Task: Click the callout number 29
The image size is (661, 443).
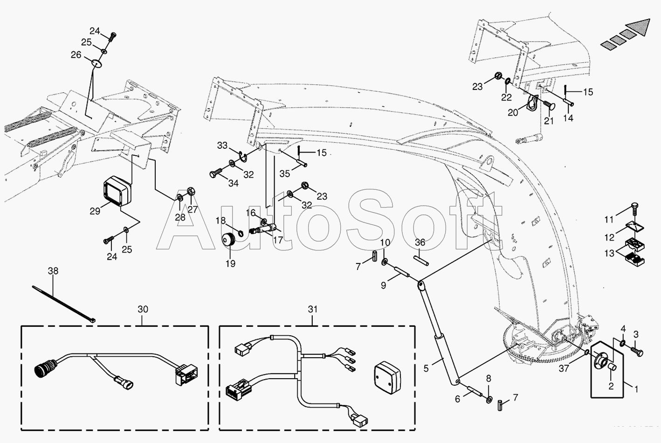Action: click(x=95, y=211)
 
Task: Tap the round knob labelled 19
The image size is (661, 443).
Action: click(x=229, y=241)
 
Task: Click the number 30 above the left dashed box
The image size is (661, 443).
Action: click(x=143, y=309)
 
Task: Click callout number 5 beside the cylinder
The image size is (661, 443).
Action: click(x=426, y=368)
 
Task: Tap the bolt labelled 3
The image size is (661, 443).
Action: click(x=638, y=351)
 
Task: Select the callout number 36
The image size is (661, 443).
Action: click(x=420, y=242)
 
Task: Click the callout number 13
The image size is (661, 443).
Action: click(x=609, y=253)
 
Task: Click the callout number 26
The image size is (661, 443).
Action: click(x=76, y=55)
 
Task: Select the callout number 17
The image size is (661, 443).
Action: click(x=278, y=241)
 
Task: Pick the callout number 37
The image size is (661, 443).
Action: click(x=565, y=369)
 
